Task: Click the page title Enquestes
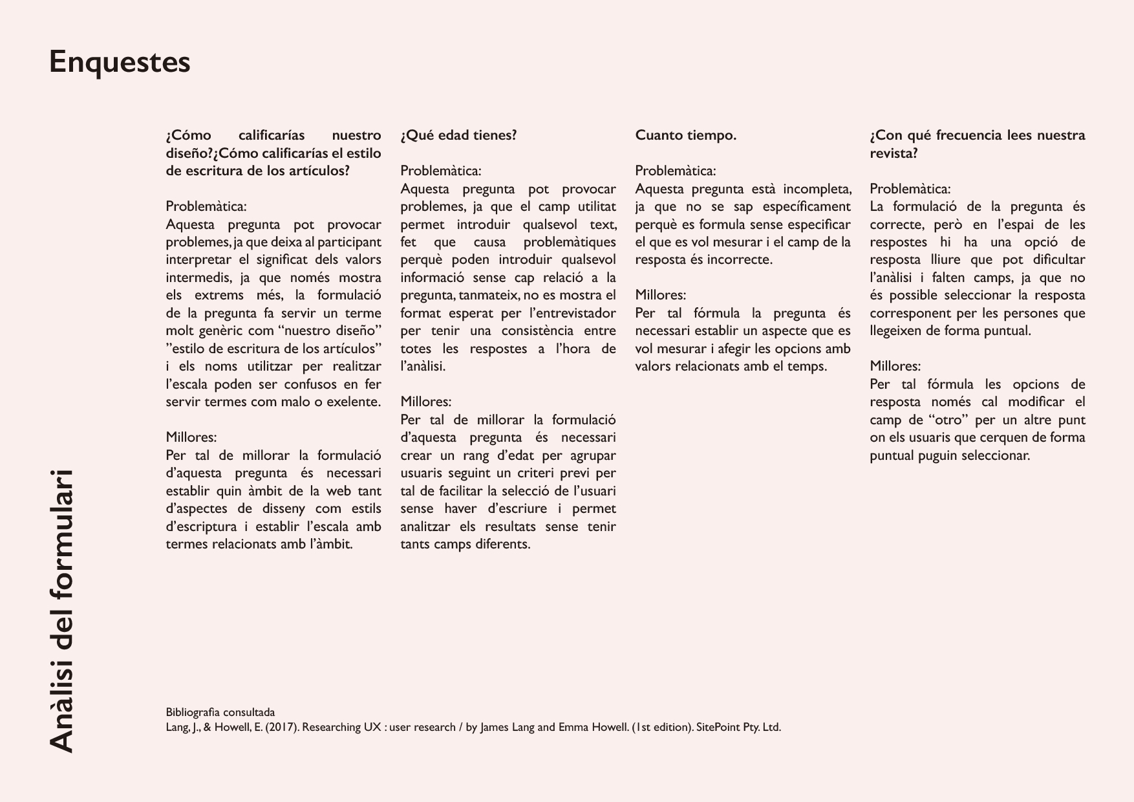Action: click(x=120, y=63)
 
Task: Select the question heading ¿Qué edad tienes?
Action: click(x=458, y=135)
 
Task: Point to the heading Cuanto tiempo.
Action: click(x=685, y=135)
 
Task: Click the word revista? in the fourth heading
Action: click(x=894, y=153)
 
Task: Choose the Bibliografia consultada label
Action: click(x=220, y=713)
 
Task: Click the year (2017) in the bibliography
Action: click(x=281, y=727)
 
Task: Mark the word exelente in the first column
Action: click(x=355, y=402)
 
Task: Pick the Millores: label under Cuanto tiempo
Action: click(x=660, y=295)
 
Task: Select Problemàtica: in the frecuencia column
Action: click(x=910, y=189)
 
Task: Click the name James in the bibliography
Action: click(x=495, y=727)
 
